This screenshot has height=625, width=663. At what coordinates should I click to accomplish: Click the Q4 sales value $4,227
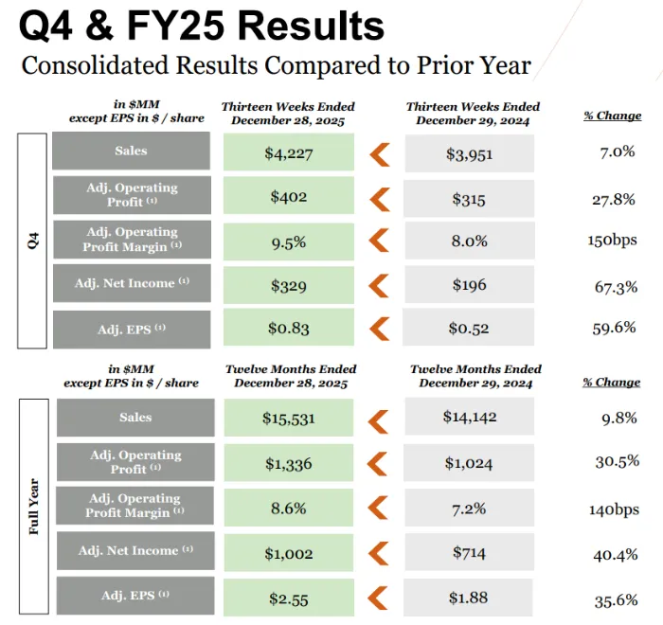pyautogui.click(x=289, y=153)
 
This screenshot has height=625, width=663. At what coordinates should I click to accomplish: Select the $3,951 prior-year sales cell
pyautogui.click(x=469, y=153)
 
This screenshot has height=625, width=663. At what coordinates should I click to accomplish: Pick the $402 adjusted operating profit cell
pyautogui.click(x=289, y=197)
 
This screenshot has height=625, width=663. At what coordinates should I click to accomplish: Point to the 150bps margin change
pyautogui.click(x=612, y=240)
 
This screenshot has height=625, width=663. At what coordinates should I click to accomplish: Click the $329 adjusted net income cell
pyautogui.click(x=289, y=285)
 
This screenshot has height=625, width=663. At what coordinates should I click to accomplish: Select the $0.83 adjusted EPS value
pyautogui.click(x=289, y=329)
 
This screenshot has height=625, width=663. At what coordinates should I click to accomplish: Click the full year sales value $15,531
pyautogui.click(x=289, y=418)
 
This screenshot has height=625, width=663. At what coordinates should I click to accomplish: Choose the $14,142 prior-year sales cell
pyautogui.click(x=469, y=417)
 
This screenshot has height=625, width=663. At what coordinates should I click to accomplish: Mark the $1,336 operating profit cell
pyautogui.click(x=289, y=463)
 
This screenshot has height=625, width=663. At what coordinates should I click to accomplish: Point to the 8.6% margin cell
pyautogui.click(x=289, y=508)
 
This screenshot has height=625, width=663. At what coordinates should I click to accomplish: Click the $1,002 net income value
pyautogui.click(x=289, y=552)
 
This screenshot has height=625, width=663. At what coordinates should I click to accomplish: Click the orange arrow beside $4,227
pyautogui.click(x=379, y=153)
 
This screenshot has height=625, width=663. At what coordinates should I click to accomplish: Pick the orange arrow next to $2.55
pyautogui.click(x=379, y=597)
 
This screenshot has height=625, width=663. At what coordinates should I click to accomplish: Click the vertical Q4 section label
pyautogui.click(x=34, y=241)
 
